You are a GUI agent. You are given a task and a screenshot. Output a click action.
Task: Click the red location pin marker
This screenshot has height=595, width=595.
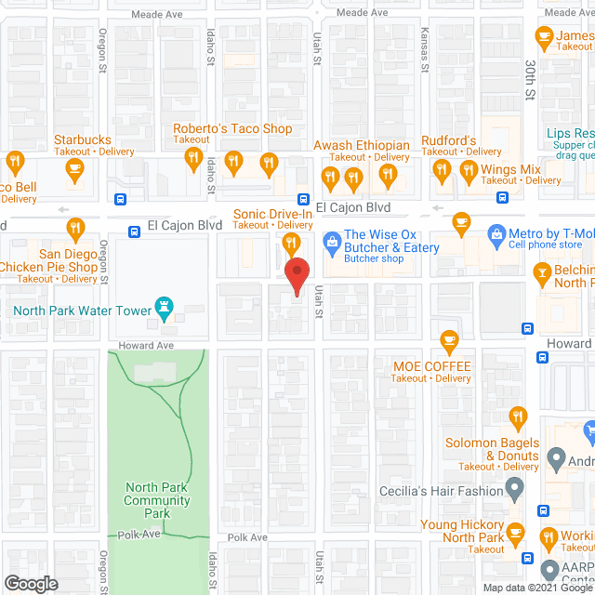click(x=296, y=276)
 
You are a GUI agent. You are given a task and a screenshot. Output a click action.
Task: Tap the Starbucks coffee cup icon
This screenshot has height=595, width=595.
click(x=75, y=168)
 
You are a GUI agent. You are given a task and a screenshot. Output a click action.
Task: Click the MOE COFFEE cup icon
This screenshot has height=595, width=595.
click(x=449, y=341)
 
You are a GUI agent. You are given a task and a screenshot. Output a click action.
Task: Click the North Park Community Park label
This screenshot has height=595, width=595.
click(x=158, y=500)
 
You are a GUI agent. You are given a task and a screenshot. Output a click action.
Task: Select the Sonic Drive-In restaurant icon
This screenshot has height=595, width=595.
click(x=290, y=244)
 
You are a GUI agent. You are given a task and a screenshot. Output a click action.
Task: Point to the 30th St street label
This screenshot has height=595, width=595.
click(x=528, y=81)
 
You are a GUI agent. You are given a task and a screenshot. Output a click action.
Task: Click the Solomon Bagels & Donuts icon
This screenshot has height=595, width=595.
click(x=519, y=418)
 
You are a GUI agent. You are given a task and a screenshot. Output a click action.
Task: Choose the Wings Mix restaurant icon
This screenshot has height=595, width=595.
click(x=467, y=171)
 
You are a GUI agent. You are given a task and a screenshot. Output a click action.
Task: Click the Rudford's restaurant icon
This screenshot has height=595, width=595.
click(x=443, y=171)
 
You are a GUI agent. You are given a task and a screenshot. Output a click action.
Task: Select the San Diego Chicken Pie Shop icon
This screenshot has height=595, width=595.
click(x=75, y=228)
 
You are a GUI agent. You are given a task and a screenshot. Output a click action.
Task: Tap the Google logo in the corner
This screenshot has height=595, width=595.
click(x=30, y=583)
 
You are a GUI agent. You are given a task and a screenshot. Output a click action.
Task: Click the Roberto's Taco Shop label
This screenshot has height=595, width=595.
click(x=232, y=129)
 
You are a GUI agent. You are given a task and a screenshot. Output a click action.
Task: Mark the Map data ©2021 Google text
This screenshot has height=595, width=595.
click(x=537, y=587)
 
